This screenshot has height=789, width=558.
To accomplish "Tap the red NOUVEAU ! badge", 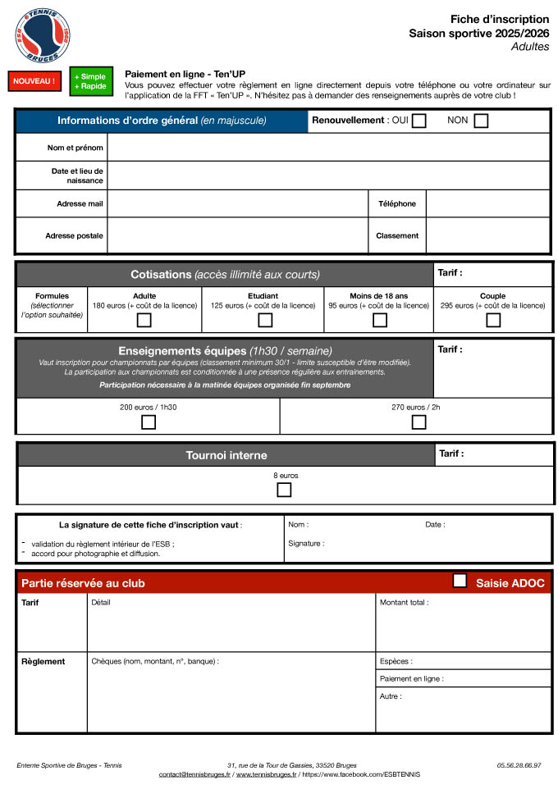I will click(x=34, y=81).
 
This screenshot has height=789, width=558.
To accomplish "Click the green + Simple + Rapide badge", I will click(x=90, y=81).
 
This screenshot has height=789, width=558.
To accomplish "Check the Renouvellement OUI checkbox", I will click(x=419, y=121).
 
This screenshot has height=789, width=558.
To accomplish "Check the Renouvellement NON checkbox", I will click(x=481, y=121).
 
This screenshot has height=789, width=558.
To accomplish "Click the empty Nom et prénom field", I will click(x=328, y=148).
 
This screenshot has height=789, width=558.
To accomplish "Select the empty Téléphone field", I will click(x=487, y=203).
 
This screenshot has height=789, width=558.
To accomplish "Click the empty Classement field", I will click(x=487, y=235).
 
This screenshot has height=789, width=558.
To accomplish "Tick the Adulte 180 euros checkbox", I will click(x=144, y=321).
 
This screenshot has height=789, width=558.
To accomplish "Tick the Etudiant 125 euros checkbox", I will click(x=265, y=321).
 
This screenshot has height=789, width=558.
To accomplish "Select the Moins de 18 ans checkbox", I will click(x=379, y=321).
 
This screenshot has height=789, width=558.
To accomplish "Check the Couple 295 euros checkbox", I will click(x=492, y=321).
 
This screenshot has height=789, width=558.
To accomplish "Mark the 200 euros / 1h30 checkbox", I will click(x=149, y=422).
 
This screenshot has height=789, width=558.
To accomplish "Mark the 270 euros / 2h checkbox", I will click(x=418, y=422).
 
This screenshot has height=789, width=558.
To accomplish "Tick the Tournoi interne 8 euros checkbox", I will click(x=284, y=490).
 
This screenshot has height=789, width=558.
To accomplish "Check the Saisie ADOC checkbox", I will click(x=460, y=581).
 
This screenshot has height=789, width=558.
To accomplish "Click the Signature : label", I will click(x=306, y=543).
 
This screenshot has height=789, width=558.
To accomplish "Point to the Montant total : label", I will click(x=404, y=602).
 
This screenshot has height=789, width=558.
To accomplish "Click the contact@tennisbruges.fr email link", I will click(x=194, y=774).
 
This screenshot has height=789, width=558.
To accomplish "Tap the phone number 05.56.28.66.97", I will click(x=519, y=765).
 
